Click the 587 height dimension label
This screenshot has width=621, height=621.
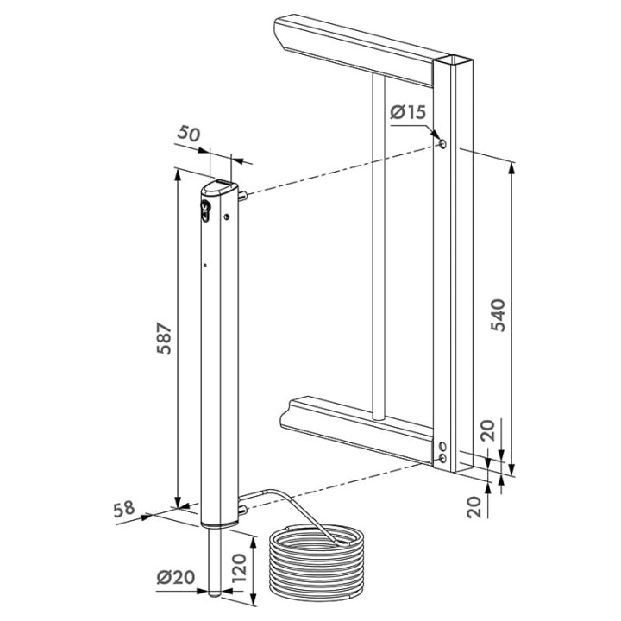click(x=164, y=338)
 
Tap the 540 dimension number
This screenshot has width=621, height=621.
click(x=499, y=316)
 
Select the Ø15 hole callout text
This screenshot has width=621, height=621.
click(x=408, y=112)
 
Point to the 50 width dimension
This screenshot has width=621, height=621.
click(x=189, y=134)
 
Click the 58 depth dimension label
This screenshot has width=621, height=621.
click(x=124, y=509)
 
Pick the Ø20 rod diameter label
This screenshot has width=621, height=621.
click(x=176, y=577)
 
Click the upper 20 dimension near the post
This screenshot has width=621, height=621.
click(x=490, y=430)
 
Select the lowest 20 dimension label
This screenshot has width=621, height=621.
click(x=474, y=507)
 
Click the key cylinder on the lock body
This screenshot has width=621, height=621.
click(x=205, y=209)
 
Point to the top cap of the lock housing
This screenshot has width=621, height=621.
click(x=219, y=188)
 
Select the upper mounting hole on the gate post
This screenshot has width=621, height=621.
click(x=442, y=143)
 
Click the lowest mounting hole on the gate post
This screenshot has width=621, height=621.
click(x=442, y=459)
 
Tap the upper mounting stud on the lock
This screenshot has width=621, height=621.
click(x=242, y=195)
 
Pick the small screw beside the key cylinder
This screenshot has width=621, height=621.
click(x=227, y=216)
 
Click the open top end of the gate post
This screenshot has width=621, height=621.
click(x=454, y=60)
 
